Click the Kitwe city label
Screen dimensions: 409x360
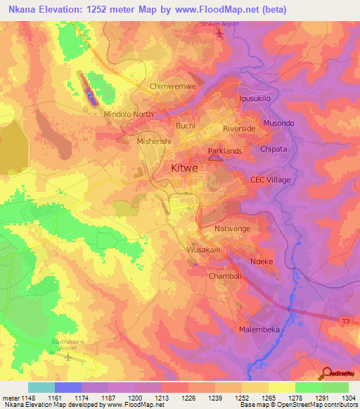(184, 169)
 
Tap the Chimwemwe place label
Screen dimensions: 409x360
(171, 86)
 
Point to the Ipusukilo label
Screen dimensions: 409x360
(255, 99)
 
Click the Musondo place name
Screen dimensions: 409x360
(278, 124)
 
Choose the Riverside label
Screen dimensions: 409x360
(239, 129)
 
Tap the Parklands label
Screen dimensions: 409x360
(225, 151)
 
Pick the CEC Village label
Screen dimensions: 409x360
(271, 180)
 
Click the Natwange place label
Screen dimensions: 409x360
(232, 228)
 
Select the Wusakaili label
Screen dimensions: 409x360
(205, 250)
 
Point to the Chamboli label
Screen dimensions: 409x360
(225, 276)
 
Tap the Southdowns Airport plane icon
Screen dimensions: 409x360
(68, 356)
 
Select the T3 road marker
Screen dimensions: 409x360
(345, 321)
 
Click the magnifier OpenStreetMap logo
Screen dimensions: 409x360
(326, 372)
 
